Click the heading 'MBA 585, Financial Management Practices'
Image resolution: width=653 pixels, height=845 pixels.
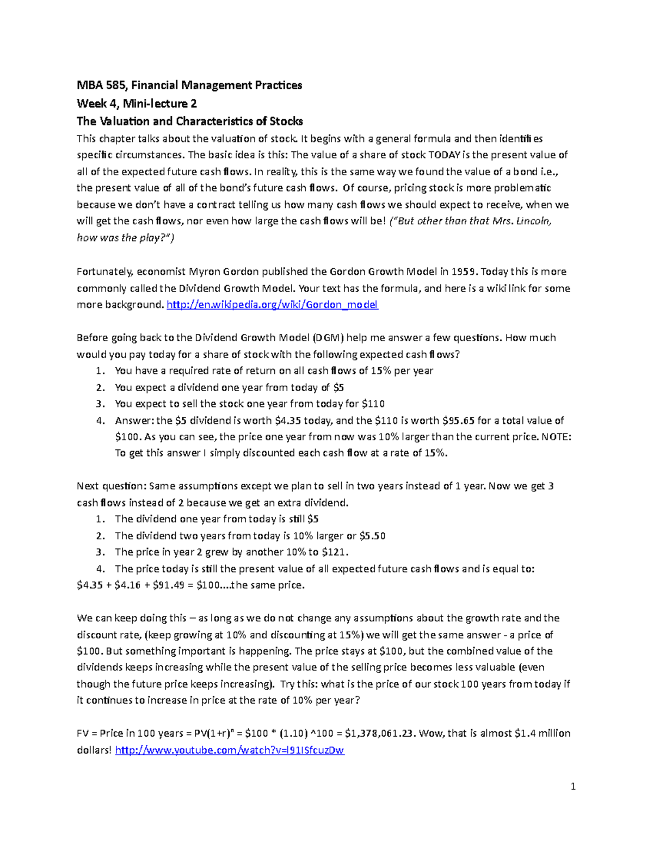click(x=189, y=85)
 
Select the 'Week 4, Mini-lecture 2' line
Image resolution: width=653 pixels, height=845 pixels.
click(x=137, y=103)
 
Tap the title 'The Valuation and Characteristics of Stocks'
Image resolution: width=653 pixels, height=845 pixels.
click(x=189, y=121)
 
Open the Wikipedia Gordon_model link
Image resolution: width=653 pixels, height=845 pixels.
click(x=272, y=305)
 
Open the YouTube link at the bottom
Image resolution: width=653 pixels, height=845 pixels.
click(x=230, y=750)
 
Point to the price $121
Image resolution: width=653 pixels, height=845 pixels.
click(x=335, y=552)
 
